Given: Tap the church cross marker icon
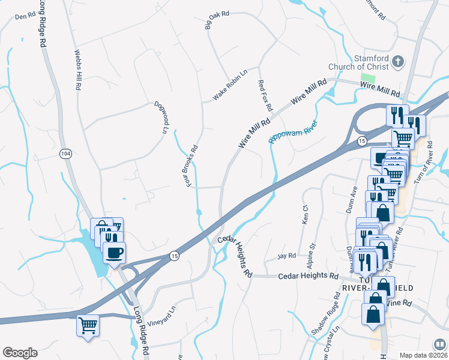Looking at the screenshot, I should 397,61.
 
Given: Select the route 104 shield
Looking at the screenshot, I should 65,154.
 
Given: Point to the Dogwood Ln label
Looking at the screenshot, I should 160,117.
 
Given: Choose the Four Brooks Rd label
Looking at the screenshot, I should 191,166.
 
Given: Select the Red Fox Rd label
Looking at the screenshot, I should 265,95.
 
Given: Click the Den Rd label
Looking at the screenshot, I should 25,16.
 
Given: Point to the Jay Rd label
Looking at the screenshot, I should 287,256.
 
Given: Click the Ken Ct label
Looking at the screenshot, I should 305,215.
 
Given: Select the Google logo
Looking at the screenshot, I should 20,353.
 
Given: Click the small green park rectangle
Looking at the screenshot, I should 368,79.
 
